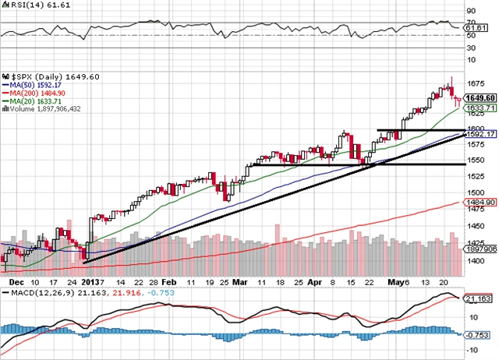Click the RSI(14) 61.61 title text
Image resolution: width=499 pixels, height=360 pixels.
click(x=29, y=5)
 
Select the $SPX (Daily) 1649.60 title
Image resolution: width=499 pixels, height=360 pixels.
click(x=41, y=76)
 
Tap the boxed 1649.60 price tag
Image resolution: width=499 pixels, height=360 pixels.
click(x=477, y=98)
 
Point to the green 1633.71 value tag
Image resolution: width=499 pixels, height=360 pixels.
click(x=477, y=108)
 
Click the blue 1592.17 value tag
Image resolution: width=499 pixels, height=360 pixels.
click(x=477, y=134)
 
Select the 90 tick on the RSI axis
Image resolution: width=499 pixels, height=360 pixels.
click(x=470, y=11)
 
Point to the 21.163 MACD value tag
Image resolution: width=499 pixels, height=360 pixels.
click(x=476, y=298)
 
